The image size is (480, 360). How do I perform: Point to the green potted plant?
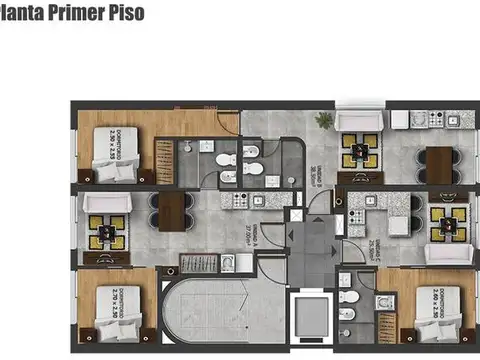coord(324,120)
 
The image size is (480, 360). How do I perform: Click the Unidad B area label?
coord(315,152)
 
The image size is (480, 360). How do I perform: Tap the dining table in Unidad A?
coord(173,211)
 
